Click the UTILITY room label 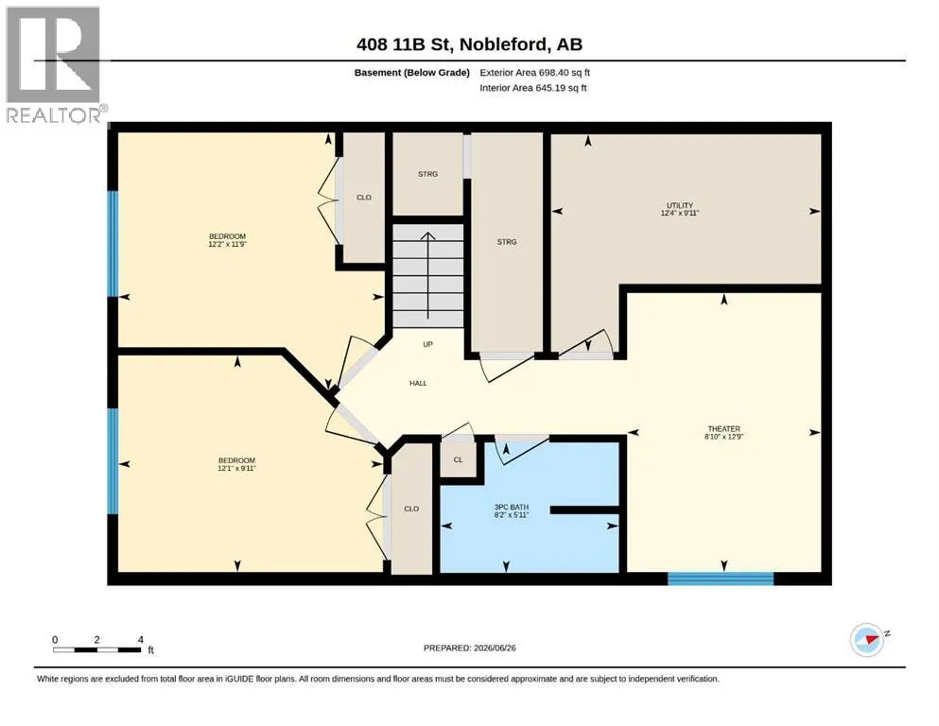pos(680,205)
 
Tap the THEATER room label pos(724,428)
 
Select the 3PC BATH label pos(512,507)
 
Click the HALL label pos(418,383)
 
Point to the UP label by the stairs pos(427,344)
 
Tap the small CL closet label pos(458,459)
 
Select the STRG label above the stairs pos(427,174)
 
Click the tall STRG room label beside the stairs pos(507,242)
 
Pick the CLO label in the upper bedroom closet pos(364,197)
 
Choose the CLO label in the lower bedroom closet pos(411,509)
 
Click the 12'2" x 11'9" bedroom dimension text pos(228,244)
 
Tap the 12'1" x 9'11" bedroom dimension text pos(236,468)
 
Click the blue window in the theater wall pos(721,579)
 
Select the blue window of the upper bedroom pos(113,244)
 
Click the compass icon pos(867,640)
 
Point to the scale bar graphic pos(97,649)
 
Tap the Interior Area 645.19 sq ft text pos(533,88)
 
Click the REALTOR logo pos(56,64)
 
